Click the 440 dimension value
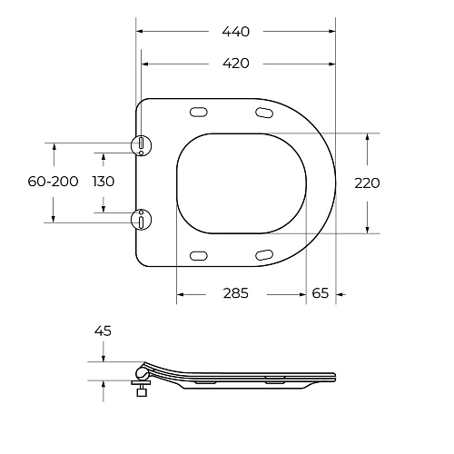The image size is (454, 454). [236, 31]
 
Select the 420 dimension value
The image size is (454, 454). [236, 64]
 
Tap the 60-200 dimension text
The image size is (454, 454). [53, 182]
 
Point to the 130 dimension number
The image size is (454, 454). [104, 182]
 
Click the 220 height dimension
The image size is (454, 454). [367, 183]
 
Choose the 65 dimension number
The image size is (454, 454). [321, 293]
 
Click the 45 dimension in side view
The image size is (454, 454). [103, 331]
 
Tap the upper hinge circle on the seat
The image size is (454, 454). [141, 145]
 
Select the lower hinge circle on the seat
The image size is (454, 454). [141, 218]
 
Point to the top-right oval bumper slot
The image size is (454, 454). [263, 113]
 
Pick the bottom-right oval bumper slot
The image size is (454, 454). [263, 253]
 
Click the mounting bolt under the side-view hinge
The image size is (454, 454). [140, 389]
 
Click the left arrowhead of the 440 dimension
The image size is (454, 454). [139, 31]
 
